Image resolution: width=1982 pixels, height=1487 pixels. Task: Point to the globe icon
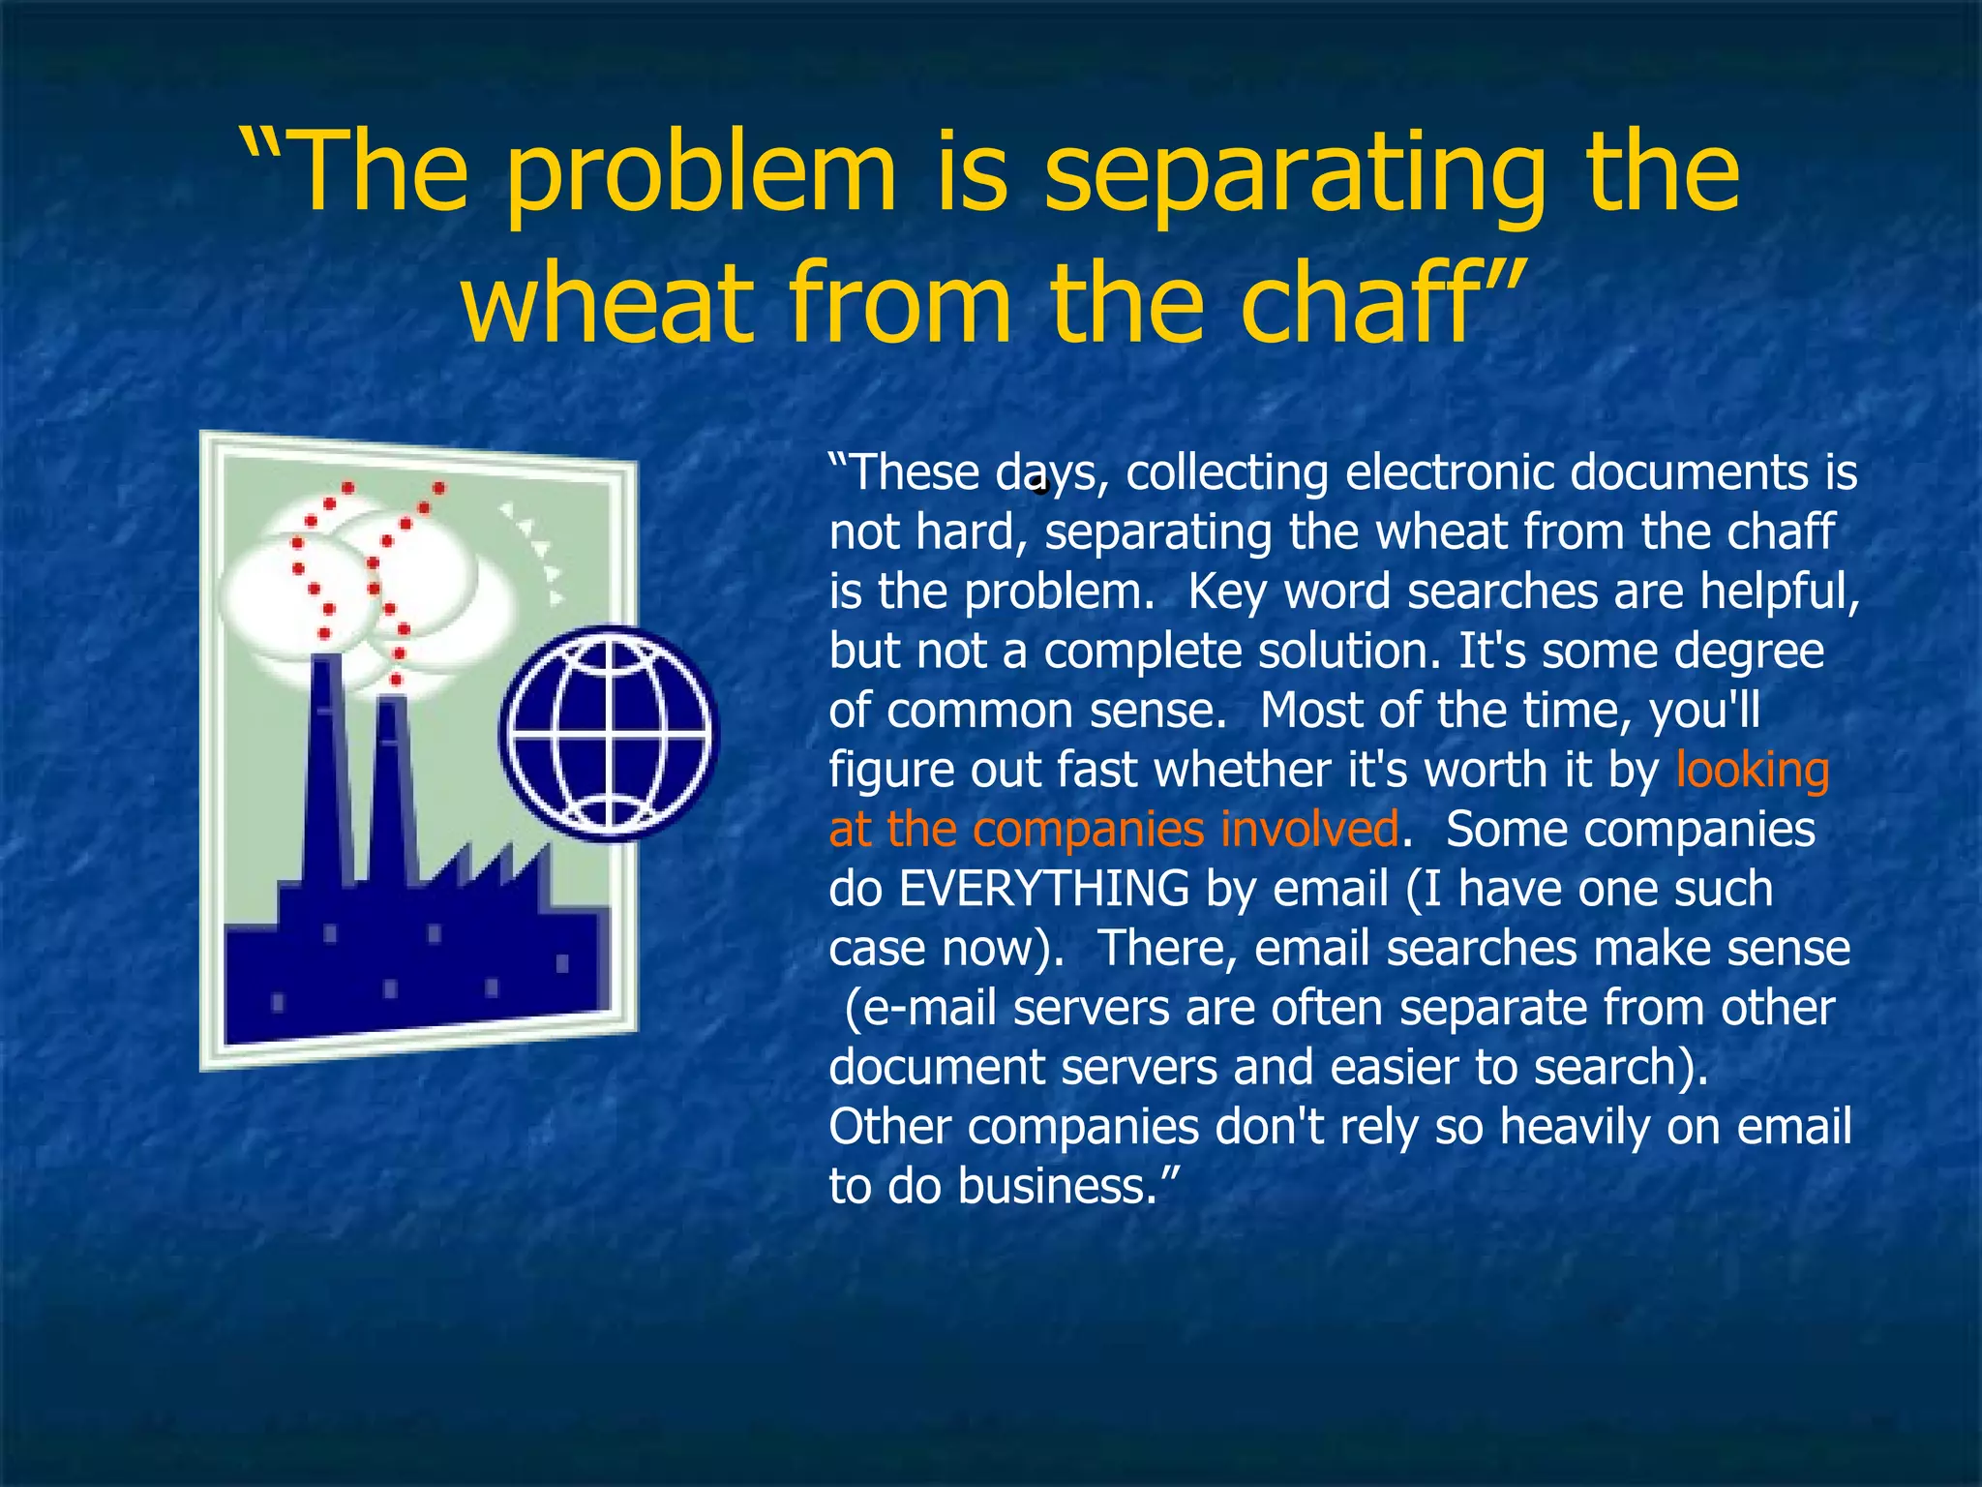[x=610, y=733]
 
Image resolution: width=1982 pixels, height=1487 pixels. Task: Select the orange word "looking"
[x=1752, y=772]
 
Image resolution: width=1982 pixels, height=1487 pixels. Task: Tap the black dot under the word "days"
[x=1040, y=487]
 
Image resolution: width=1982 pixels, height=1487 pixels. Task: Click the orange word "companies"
[x=1089, y=831]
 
